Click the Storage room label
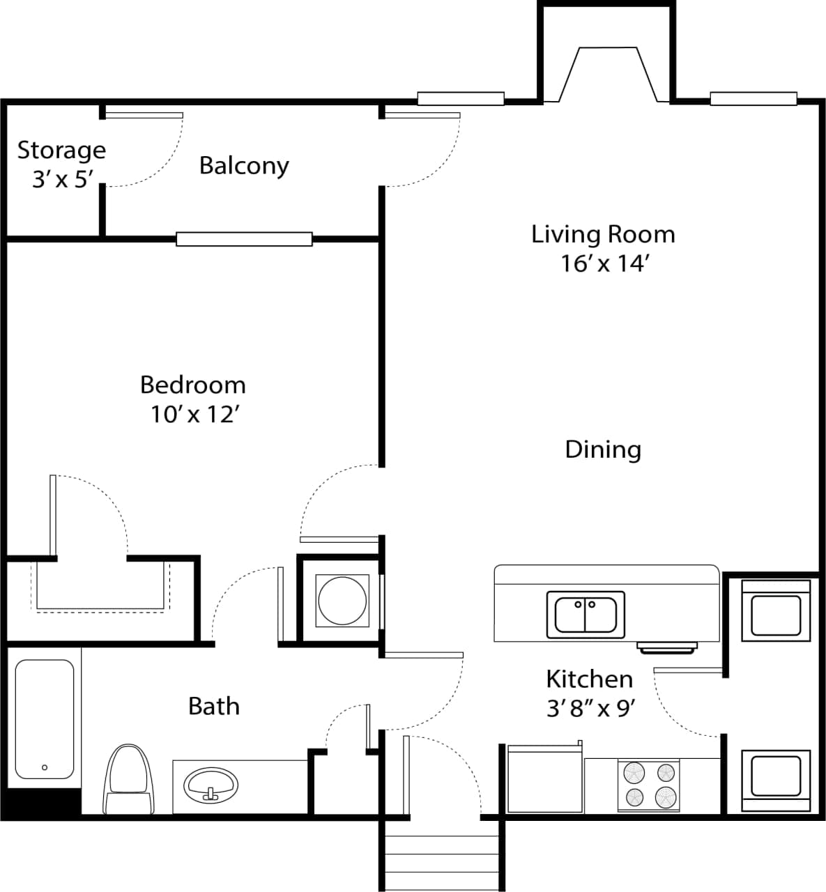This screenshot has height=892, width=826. [x=61, y=151]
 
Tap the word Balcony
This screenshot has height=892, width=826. [x=244, y=166]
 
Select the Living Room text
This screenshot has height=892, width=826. [x=603, y=234]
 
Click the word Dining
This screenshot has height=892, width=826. [x=603, y=449]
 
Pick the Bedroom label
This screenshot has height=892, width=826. [x=193, y=385]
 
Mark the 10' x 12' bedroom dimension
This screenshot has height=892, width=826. [x=195, y=415]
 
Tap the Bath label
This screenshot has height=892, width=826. [x=214, y=706]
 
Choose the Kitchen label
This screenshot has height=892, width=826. [x=589, y=679]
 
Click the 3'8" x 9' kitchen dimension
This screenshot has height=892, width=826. [x=590, y=709]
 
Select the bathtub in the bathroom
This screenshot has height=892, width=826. [x=45, y=719]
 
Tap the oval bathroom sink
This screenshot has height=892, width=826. [x=211, y=786]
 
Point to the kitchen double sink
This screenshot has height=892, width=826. [x=586, y=614]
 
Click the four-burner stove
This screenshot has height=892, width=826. [x=649, y=785]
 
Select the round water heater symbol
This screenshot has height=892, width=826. [x=342, y=600]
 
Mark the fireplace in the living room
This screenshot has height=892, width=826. [x=606, y=73]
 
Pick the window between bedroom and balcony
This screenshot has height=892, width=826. [x=243, y=239]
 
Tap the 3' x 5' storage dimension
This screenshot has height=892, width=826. [x=62, y=180]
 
